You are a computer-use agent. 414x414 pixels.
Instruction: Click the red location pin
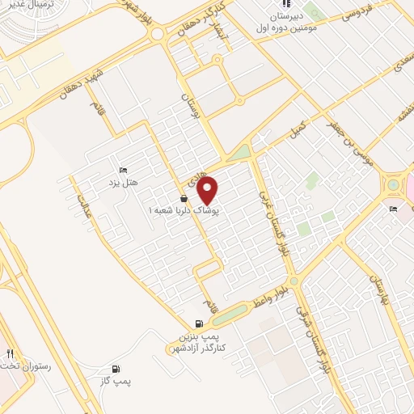coord(208,190)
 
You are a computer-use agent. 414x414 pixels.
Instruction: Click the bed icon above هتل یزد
coord(123,170)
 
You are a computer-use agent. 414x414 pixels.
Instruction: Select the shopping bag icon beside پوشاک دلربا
coord(184,198)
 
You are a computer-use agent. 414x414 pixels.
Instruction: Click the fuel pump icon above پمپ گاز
coord(118,368)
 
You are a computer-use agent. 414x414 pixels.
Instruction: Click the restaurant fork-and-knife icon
coord(11,353)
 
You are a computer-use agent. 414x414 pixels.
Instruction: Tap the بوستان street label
coord(188,103)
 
